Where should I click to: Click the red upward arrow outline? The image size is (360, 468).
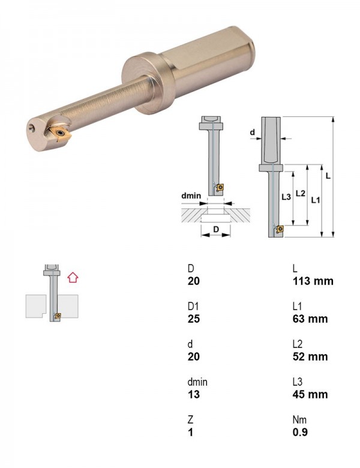(73, 278)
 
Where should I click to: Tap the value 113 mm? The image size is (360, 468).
(313, 281)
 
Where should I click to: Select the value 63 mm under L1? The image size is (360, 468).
(310, 319)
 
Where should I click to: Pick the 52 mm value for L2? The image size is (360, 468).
(310, 356)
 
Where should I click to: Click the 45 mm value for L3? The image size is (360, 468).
(310, 394)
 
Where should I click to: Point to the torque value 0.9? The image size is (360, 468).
(300, 432)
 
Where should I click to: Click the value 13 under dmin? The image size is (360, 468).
(193, 394)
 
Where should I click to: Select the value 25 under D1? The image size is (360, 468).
(193, 319)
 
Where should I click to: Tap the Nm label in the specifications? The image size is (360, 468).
(299, 419)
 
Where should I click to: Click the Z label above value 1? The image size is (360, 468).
(190, 419)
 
